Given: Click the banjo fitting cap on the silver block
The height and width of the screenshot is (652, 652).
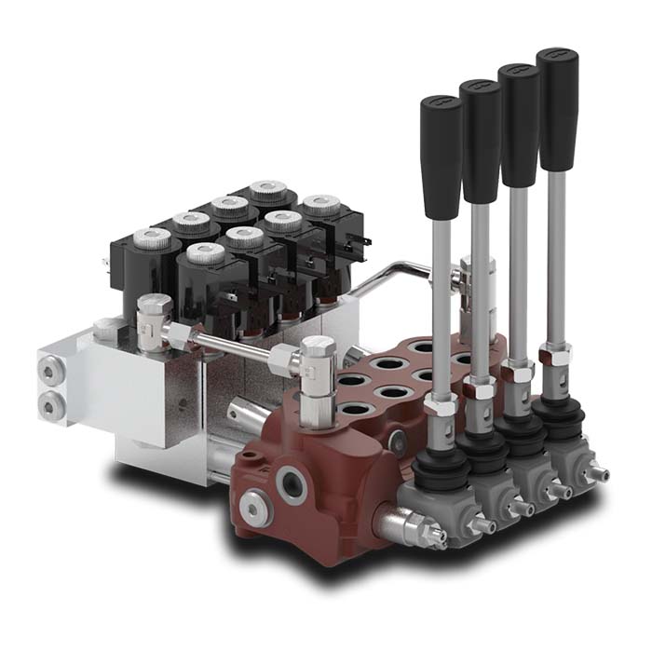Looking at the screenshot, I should click(154, 306).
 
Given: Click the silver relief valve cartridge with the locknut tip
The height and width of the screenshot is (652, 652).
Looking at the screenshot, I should click(410, 527).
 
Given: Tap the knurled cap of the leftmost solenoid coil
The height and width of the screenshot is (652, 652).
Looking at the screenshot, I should click(152, 238).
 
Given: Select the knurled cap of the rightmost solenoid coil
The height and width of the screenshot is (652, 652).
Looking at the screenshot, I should click(320, 204).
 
